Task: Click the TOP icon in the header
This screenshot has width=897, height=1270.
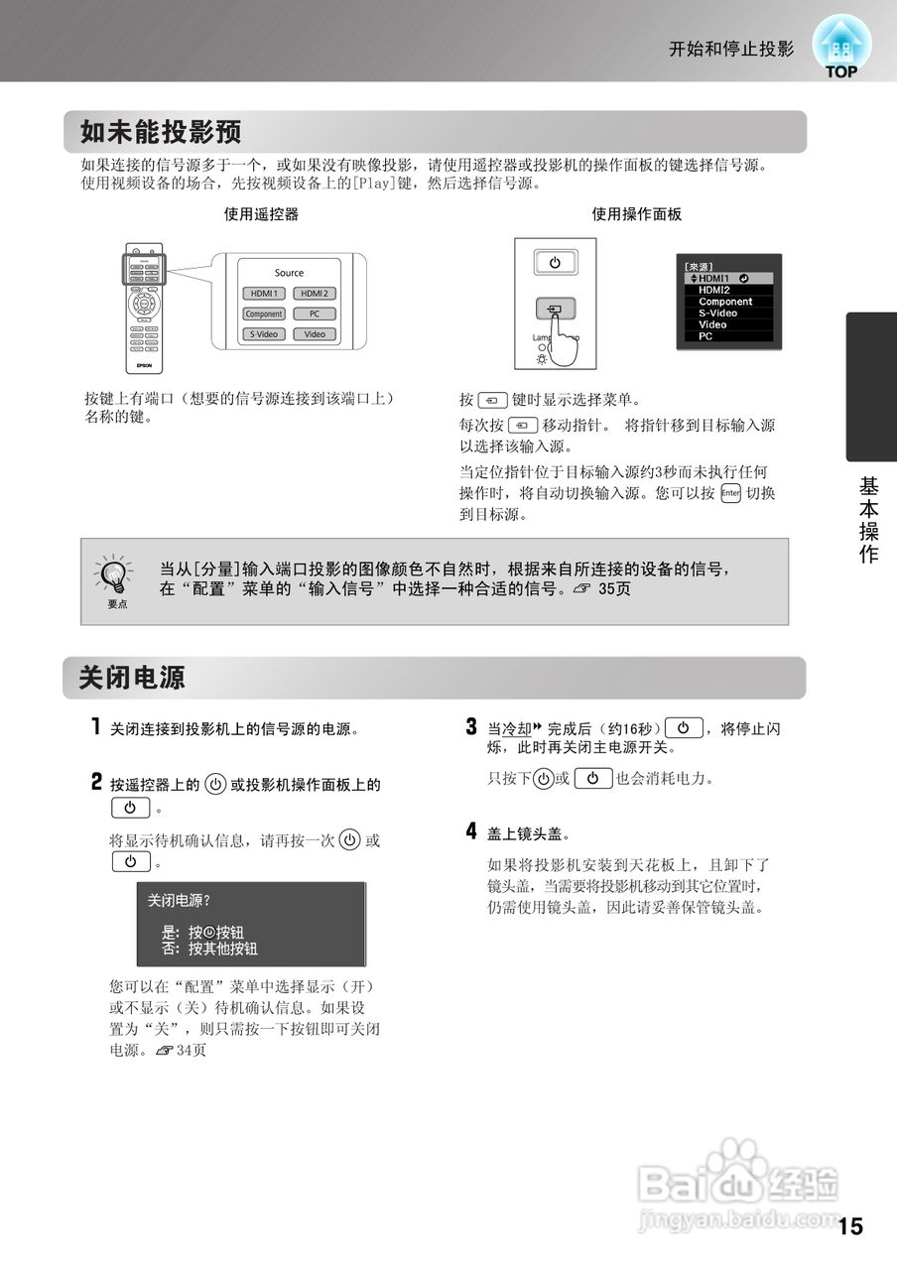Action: (x=840, y=48)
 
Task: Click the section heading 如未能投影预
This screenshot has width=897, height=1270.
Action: (x=161, y=132)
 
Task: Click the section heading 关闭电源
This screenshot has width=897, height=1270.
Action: (x=132, y=678)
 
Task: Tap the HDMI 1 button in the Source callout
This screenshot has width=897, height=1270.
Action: (x=264, y=294)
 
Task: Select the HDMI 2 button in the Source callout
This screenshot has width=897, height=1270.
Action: (x=314, y=294)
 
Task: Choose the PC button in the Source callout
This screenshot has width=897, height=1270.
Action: (x=314, y=314)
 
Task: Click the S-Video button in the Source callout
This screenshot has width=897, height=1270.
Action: (x=264, y=334)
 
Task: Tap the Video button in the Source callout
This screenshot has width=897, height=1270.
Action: (x=314, y=334)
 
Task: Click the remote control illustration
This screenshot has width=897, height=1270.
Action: (x=144, y=307)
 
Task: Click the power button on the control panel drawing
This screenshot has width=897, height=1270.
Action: (x=554, y=263)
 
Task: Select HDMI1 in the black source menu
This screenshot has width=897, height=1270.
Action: (x=713, y=279)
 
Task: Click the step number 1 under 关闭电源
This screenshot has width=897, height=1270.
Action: (x=96, y=727)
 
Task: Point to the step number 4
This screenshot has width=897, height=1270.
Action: (x=471, y=830)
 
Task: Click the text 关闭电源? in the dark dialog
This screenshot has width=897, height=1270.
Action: (x=179, y=900)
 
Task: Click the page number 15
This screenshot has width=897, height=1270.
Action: (x=850, y=1226)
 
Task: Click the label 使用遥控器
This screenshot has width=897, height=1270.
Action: (x=261, y=213)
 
